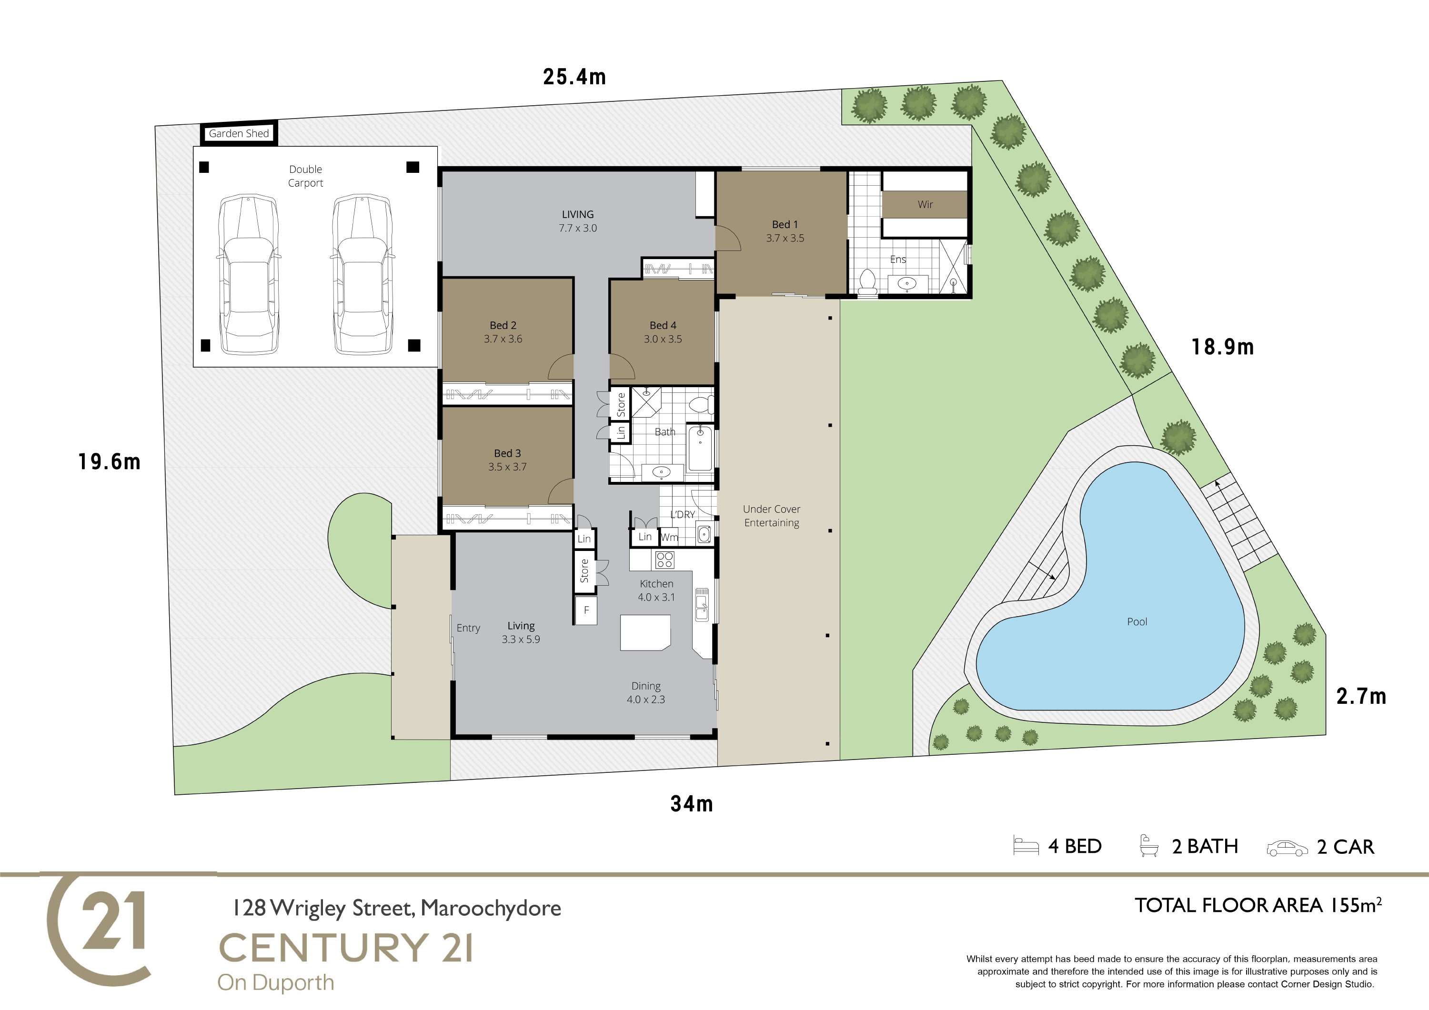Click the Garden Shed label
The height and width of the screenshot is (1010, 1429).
pos(239,133)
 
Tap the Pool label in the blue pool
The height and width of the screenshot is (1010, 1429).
pos(1137,622)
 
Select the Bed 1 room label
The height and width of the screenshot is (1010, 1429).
pos(785,224)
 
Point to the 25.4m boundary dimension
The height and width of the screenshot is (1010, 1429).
pos(574,77)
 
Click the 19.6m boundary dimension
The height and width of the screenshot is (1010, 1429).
pos(110,462)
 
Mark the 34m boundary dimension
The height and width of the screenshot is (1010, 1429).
pos(692,804)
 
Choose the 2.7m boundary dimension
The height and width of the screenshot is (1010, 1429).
pos(1361,696)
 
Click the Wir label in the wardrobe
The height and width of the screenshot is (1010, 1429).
pos(926,204)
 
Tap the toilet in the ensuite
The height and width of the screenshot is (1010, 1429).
pos(867,282)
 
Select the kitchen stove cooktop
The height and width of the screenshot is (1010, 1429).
pos(664,560)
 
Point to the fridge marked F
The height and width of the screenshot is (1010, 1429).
pos(586,610)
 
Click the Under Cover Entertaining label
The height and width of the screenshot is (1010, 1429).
pos(772,516)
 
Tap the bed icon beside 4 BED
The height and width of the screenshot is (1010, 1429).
pos(1026,846)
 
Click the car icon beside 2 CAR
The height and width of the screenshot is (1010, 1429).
pos(1287,848)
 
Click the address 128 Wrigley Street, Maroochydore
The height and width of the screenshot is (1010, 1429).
pos(396,908)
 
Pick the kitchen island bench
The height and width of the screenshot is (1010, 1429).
pos(645,633)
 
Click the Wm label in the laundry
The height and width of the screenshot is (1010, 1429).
pos(669,537)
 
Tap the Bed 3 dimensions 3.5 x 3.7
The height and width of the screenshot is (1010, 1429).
pos(507,467)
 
